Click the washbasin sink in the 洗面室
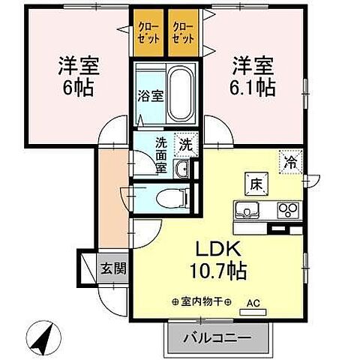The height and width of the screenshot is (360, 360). (x=181, y=169)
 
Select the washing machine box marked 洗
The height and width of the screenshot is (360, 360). (x=184, y=145)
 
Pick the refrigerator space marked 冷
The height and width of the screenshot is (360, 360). (x=289, y=160)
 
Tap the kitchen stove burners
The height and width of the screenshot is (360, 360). (x=287, y=209)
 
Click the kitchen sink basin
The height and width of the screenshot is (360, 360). (x=247, y=210)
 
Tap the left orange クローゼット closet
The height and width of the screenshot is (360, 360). (x=148, y=33)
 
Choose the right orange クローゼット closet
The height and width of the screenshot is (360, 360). (x=183, y=33)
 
